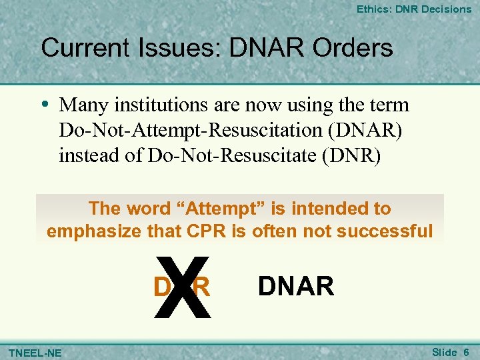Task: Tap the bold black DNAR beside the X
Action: point(295,286)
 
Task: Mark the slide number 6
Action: point(466,351)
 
